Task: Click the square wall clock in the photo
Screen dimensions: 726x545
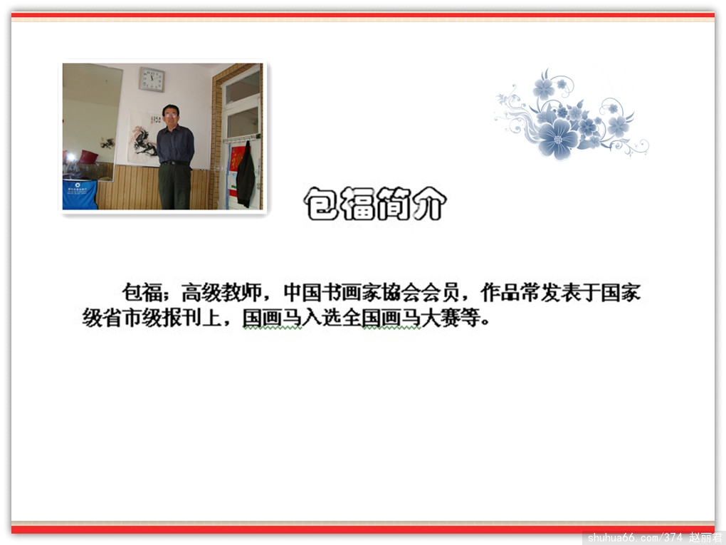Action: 152,79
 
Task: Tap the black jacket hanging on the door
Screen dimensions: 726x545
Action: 246,175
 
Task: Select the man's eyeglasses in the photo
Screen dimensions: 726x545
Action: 170,115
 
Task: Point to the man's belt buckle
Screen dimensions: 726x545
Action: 174,163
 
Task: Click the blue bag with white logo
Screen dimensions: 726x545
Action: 80,194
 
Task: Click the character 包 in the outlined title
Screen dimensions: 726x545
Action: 321,204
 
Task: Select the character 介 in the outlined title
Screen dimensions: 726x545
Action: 428,204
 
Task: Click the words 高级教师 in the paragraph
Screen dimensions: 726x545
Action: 221,292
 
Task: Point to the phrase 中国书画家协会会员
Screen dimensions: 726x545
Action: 372,292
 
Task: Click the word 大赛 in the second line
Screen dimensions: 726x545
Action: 441,318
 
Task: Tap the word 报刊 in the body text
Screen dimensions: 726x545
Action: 181,318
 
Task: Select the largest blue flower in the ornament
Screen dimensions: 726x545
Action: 559,138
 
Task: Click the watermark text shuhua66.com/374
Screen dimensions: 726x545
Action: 635,538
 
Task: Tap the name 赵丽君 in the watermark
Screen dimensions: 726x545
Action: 705,538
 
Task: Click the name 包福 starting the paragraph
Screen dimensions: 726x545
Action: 142,292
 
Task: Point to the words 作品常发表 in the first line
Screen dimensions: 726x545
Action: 530,292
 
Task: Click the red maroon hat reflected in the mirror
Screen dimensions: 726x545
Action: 88,157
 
